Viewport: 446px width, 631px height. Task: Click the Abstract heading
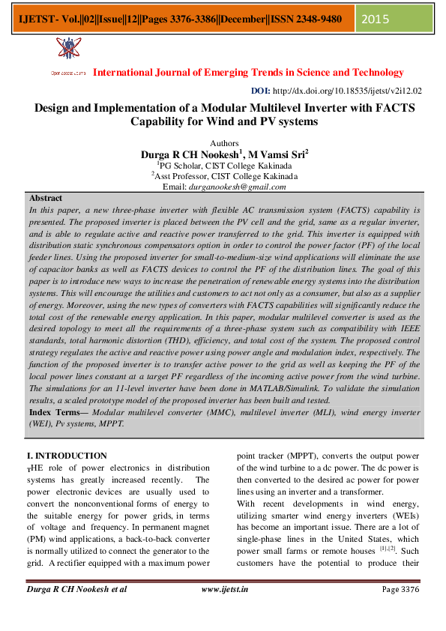tap(45, 198)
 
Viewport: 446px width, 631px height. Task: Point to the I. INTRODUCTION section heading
tap(67, 456)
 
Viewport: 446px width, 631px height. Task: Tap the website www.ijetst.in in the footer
tap(226, 589)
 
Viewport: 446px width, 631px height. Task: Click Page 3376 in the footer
tap(400, 589)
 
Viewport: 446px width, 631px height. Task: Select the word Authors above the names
tap(223, 142)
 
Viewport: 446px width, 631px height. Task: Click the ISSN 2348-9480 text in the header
tap(307, 19)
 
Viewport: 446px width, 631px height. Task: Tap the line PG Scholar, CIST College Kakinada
tap(224, 166)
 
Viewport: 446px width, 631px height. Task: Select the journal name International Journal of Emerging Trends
tap(248, 73)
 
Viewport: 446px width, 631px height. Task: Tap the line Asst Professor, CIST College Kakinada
tap(225, 176)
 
